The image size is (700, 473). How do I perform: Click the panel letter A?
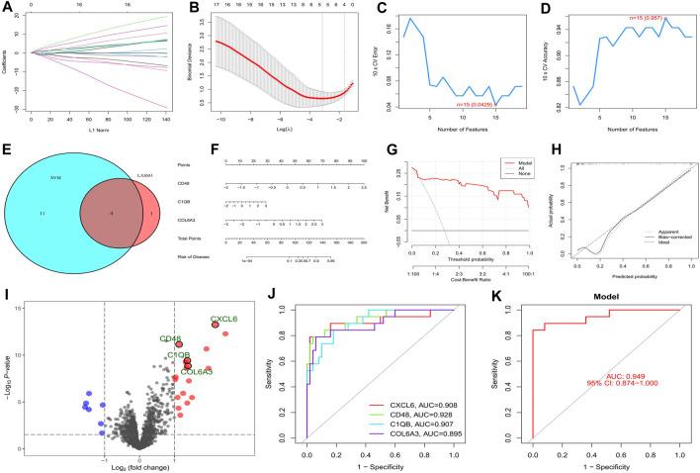coord(8,8)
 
